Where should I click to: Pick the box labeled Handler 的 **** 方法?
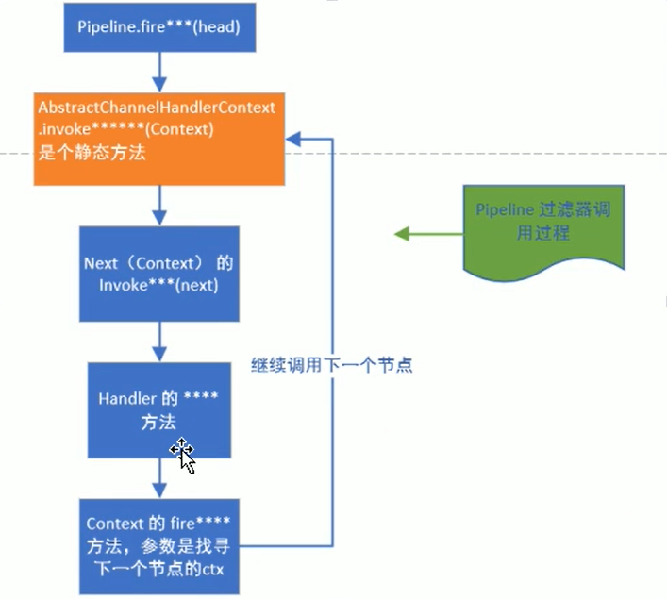coord(158,408)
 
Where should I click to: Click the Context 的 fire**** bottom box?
coord(158,544)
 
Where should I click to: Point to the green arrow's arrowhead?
coord(400,234)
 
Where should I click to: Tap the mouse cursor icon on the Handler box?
coord(184,455)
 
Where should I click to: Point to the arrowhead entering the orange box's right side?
coord(292,139)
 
